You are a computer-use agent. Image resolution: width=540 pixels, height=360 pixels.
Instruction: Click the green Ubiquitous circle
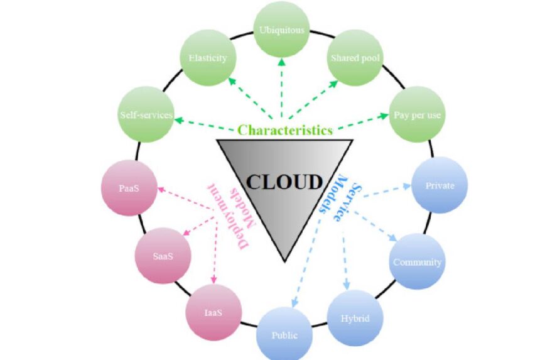[282, 30]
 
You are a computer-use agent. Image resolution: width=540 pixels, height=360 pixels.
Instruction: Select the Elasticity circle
[208, 58]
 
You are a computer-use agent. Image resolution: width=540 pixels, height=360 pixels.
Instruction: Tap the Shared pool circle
[355, 58]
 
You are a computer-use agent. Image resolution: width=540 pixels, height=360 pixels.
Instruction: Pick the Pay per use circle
[417, 115]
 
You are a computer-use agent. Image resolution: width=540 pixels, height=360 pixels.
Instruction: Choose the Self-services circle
[146, 114]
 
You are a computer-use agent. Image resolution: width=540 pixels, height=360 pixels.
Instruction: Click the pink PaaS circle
[128, 188]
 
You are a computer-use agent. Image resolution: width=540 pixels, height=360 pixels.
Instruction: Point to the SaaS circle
[163, 256]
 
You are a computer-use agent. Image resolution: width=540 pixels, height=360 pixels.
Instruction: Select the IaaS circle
[213, 312]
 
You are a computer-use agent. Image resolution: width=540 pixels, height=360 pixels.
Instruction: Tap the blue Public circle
[284, 334]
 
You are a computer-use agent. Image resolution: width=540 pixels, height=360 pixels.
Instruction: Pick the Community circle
[417, 262]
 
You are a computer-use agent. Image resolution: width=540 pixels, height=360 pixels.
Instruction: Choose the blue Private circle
[440, 185]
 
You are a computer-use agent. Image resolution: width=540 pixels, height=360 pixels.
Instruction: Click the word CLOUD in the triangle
[283, 182]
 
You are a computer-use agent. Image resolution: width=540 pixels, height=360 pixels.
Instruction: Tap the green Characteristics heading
[284, 130]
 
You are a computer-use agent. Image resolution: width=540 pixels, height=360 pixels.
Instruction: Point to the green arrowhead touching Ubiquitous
[282, 61]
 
